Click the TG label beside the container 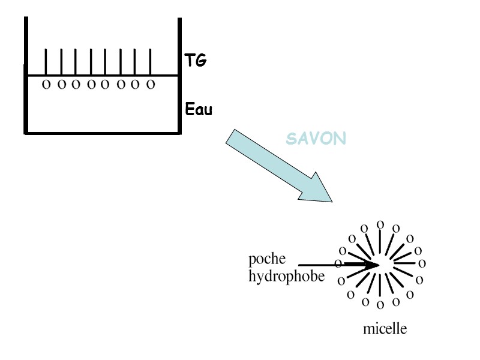tap(196, 60)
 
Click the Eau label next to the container tap(199, 110)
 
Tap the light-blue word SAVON tap(316, 139)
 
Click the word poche tap(268, 260)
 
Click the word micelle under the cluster tap(385, 329)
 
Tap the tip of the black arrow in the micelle tap(377, 264)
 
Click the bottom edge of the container tap(102, 132)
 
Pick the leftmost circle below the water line tap(46, 85)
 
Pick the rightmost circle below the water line tap(151, 85)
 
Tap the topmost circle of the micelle tap(380, 224)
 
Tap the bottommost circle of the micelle tap(380, 304)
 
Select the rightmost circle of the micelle tap(422, 263)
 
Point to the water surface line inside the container tap(102, 76)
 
